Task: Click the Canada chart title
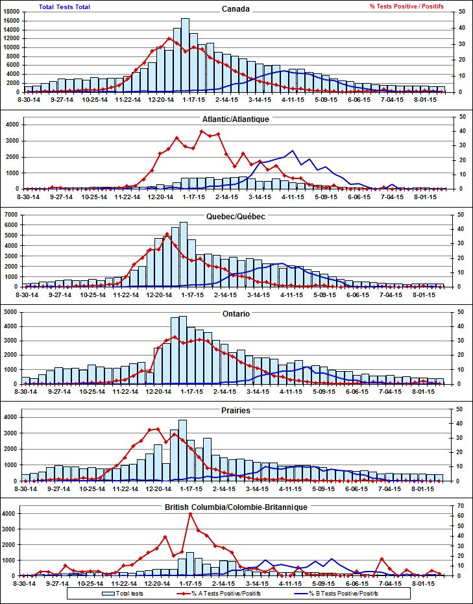(236, 9)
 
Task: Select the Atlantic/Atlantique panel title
(236, 119)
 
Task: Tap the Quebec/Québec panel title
(236, 216)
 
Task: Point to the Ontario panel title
(236, 313)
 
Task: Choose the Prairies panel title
(236, 410)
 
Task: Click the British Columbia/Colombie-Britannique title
(236, 506)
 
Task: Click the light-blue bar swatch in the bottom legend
(108, 593)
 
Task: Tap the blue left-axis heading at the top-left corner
(65, 6)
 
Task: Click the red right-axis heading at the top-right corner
(407, 6)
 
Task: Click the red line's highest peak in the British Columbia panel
(191, 514)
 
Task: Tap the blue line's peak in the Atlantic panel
(293, 151)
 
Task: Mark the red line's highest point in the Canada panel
(169, 38)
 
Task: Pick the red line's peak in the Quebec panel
(167, 234)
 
